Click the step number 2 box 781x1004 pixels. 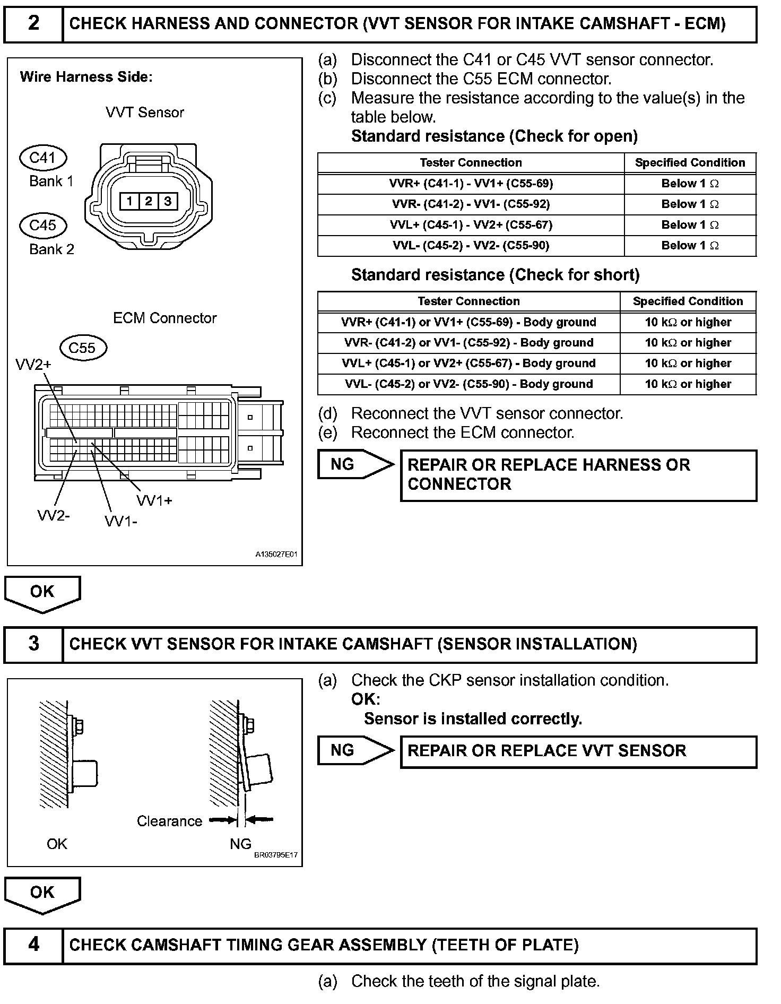click(33, 24)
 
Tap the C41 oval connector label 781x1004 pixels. click(43, 158)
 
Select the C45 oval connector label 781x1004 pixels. click(43, 226)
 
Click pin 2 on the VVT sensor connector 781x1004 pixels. click(149, 201)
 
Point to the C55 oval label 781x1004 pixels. click(82, 348)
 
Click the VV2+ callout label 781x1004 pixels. click(33, 365)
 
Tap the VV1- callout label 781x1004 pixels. click(121, 522)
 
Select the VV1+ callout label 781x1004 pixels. click(154, 500)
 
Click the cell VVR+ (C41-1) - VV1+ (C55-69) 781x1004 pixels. click(471, 184)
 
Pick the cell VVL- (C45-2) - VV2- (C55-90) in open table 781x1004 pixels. click(471, 246)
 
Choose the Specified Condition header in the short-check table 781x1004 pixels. click(688, 301)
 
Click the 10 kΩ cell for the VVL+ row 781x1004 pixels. click(688, 363)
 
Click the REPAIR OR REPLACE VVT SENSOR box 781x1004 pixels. click(578, 751)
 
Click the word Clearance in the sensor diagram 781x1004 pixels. click(169, 821)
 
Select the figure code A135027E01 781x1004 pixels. click(276, 555)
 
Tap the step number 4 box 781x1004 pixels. click(33, 945)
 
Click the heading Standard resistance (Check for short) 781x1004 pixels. click(495, 275)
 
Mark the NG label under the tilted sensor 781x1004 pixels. click(240, 844)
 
